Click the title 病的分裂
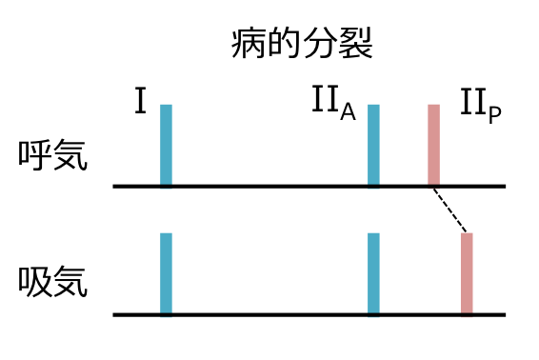pos(300,43)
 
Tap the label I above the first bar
pos(140,102)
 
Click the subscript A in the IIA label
pos(348,112)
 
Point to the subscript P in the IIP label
pos(493,112)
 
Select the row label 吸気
pos(53,282)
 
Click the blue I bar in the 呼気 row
pos(166,145)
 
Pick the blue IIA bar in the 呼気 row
pos(374,145)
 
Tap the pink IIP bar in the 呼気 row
pos(434,145)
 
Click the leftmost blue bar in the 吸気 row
pos(166,273)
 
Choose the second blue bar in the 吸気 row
pos(374,273)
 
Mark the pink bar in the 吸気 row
pos(467,273)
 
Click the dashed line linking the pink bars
pos(450,210)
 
